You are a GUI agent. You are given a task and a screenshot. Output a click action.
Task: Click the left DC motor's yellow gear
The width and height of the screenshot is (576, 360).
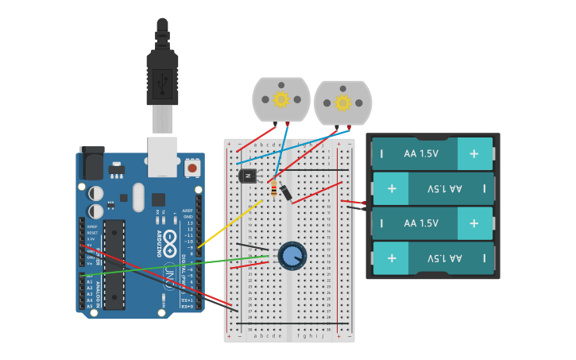pos(280,99)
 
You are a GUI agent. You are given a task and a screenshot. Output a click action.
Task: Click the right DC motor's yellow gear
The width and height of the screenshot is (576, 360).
pos(342,103)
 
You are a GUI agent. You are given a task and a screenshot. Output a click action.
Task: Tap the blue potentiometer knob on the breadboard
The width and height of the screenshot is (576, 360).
pos(292,255)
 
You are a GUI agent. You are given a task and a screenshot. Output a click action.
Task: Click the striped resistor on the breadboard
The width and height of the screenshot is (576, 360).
pos(274,189)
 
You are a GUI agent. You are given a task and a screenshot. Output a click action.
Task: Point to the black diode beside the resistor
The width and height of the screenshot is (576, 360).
pos(285,192)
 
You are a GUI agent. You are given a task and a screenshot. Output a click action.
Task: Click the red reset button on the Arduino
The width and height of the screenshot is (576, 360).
pos(191,168)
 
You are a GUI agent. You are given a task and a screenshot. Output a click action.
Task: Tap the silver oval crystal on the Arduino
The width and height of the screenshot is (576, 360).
pos(138,197)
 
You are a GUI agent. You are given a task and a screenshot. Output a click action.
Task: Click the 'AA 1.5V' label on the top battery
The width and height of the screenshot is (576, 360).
pos(421,154)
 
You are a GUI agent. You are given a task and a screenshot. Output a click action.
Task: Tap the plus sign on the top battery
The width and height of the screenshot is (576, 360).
pos(474,154)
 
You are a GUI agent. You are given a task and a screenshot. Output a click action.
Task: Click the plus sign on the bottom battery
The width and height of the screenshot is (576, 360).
pos(391,258)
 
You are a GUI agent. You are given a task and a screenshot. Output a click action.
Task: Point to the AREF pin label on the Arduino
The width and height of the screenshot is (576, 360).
pos(187,211)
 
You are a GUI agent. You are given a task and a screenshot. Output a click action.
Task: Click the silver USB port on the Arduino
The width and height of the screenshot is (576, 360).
pos(162,156)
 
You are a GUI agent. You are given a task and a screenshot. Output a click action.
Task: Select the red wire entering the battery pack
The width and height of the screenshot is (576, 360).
pos(354,202)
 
